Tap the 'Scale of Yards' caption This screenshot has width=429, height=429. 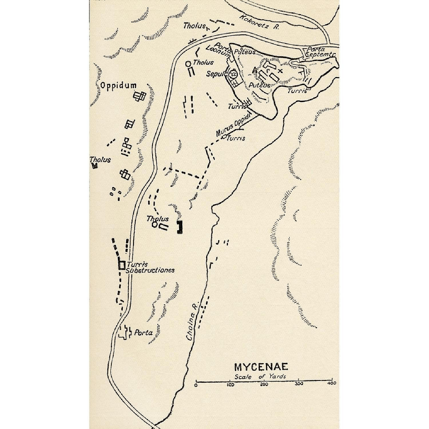260,376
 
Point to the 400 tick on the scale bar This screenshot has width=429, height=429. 332,383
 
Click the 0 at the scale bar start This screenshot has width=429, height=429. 196,385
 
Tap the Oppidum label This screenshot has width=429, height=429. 118,85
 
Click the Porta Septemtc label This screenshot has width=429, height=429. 320,52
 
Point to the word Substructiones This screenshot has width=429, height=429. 150,270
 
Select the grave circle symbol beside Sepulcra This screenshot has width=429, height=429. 233,75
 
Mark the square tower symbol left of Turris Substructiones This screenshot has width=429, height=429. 122,265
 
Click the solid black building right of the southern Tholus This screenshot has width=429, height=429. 179,227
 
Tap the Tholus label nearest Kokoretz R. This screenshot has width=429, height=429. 194,26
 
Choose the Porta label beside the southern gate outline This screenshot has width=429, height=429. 143,333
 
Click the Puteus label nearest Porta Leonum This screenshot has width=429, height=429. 245,52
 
